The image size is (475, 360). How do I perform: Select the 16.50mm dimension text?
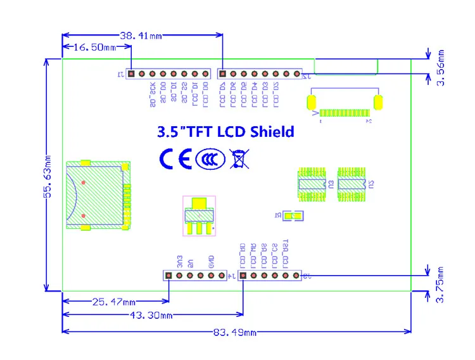(95, 48)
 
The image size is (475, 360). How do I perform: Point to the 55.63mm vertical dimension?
(46, 177)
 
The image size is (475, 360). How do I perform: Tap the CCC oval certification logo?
(208, 159)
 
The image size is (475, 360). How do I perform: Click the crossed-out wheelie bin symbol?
(239, 159)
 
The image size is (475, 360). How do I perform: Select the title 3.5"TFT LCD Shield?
(225, 132)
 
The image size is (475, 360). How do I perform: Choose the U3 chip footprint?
(312, 184)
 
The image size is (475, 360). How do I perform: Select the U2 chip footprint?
(352, 184)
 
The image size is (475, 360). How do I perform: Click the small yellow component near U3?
(291, 216)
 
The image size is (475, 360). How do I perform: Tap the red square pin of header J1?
(130, 74)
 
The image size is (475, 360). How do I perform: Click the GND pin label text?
(212, 260)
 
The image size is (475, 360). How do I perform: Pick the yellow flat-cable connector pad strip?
(343, 113)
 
